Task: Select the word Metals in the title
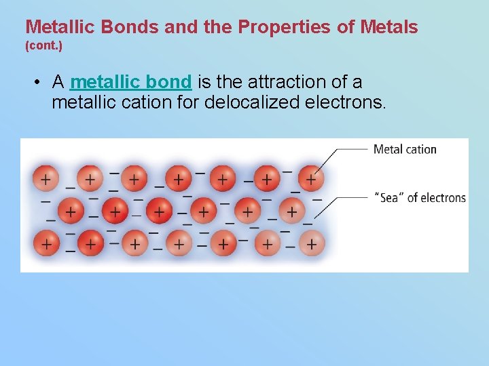(x=386, y=27)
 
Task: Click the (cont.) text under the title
(x=43, y=47)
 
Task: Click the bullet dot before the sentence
(x=38, y=83)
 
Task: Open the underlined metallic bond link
(x=130, y=82)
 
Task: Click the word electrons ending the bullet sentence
(x=346, y=103)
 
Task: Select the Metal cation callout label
(x=405, y=149)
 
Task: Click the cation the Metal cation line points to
(x=310, y=179)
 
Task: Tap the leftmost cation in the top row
(x=46, y=179)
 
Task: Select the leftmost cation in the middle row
(x=70, y=211)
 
